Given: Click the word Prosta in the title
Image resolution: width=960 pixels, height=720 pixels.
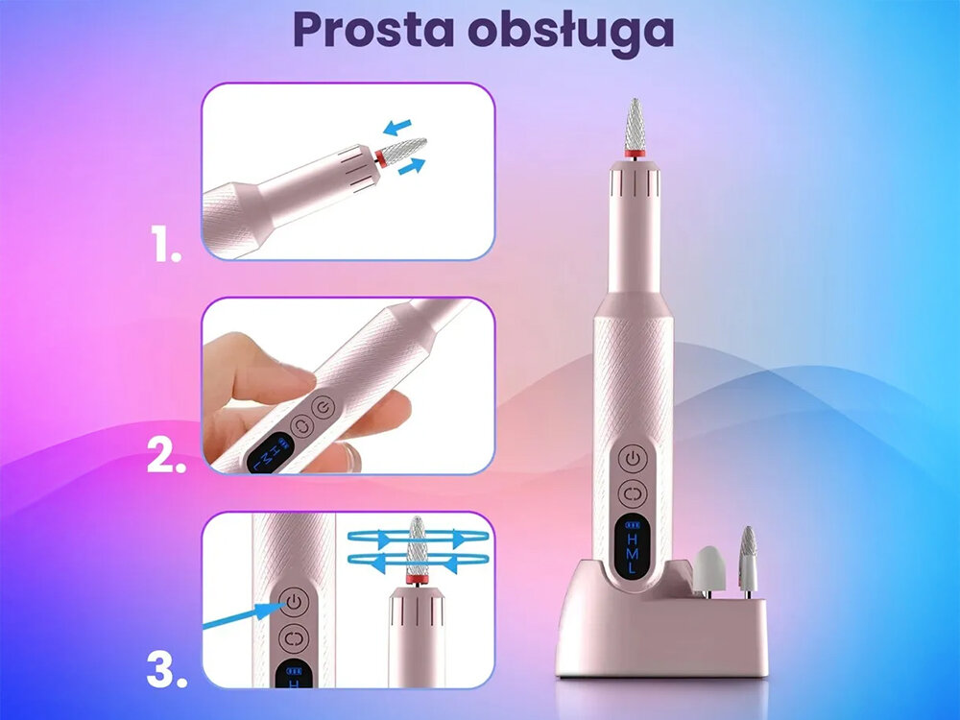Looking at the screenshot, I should tap(375, 31).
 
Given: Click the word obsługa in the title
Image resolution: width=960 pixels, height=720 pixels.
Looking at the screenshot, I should tap(573, 31).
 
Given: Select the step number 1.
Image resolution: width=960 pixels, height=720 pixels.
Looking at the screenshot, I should tap(166, 248).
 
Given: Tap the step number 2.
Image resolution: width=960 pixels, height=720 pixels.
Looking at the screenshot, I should tap(166, 458).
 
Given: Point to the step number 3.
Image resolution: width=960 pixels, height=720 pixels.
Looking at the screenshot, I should tap(166, 671).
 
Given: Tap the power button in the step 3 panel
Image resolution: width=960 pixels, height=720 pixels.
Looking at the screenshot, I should tap(294, 602).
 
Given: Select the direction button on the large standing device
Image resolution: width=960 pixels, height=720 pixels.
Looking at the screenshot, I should tap(633, 493).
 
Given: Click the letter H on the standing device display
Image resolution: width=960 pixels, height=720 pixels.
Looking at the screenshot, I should tap(632, 540).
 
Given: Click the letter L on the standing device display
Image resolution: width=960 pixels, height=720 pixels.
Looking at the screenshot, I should tap(632, 567).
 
